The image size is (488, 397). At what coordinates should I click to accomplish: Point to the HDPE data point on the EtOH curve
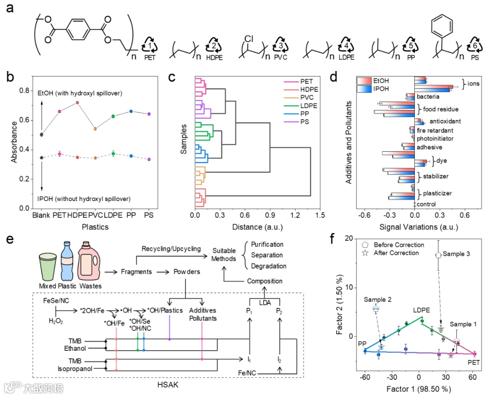coord(77,103)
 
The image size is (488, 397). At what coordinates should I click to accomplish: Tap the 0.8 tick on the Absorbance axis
coord(25,91)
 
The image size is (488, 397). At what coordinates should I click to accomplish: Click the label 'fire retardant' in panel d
coord(435,130)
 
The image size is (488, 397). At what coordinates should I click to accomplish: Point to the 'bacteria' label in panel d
coord(428,96)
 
